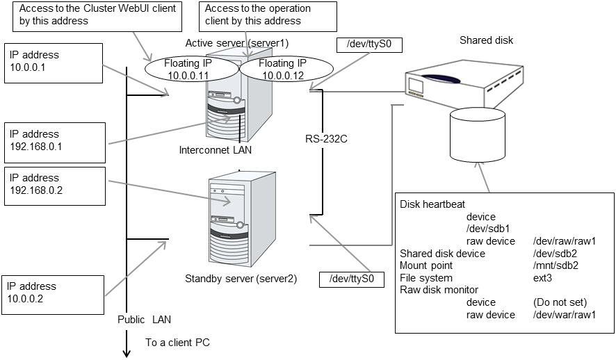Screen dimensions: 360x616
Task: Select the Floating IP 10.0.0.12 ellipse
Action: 276,68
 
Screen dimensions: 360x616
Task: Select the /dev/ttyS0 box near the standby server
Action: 351,279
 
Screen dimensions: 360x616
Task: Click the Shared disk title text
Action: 486,40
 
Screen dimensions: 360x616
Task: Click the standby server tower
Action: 237,215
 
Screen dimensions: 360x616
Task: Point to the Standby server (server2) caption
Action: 241,279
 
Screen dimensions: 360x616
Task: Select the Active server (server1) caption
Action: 236,43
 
